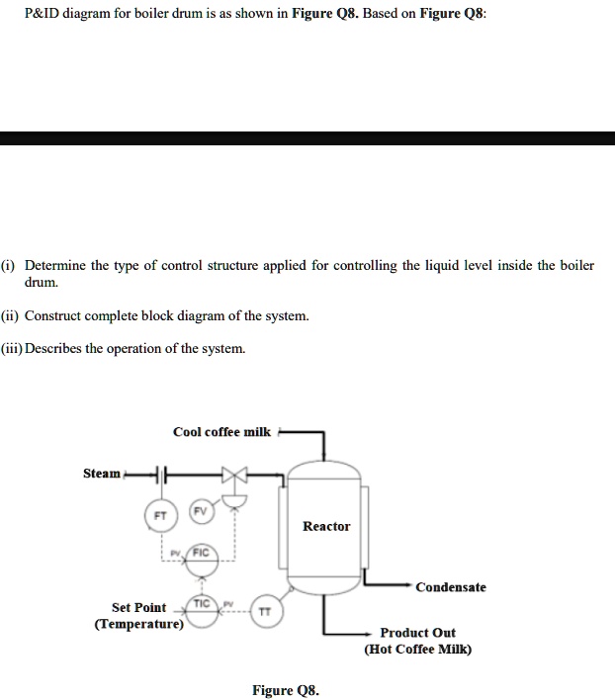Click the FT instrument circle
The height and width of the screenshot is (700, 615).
point(160,516)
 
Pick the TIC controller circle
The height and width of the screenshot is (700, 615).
point(202,604)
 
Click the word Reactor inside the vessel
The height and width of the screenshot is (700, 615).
point(326,526)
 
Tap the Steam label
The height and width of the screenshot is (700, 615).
point(101,474)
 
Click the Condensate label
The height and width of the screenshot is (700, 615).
point(451,587)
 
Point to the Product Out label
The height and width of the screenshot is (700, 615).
point(418,632)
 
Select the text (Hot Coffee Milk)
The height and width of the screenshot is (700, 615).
point(418,649)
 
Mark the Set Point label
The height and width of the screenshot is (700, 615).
point(138,607)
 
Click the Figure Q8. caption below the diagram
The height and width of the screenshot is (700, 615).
point(285,690)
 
